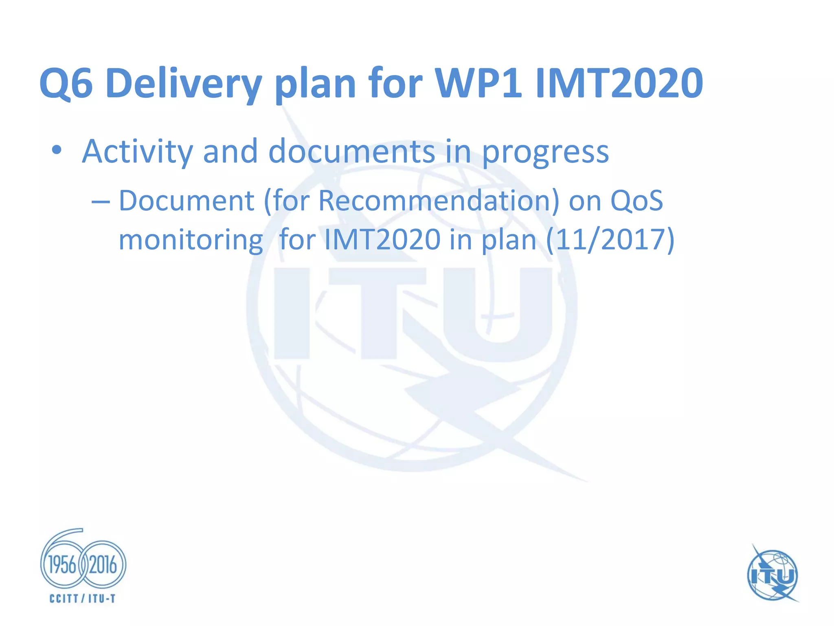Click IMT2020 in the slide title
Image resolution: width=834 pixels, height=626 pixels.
[x=619, y=84]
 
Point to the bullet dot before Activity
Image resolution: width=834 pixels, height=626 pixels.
[x=57, y=150]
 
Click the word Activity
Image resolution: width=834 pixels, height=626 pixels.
[x=137, y=152]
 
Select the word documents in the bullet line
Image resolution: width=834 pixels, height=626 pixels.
[x=351, y=152]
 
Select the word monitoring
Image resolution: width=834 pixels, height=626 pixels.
[x=191, y=240]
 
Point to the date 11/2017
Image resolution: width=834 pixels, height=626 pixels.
[x=610, y=240]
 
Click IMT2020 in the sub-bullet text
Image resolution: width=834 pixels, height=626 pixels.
[x=382, y=240]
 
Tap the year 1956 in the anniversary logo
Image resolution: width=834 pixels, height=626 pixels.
[x=62, y=565]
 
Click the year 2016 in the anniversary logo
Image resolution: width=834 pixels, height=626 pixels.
[x=103, y=565]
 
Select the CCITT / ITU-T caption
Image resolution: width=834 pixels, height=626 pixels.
[x=83, y=598]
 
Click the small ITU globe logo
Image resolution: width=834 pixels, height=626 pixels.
[x=772, y=575]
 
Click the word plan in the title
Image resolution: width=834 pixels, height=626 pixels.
[x=315, y=84]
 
